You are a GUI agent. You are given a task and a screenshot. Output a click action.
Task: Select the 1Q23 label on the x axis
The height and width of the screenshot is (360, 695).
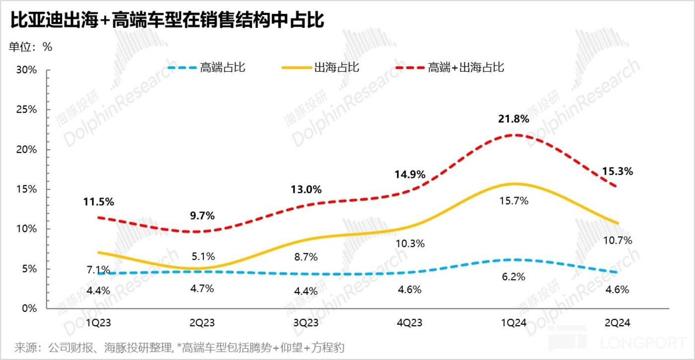(98, 323)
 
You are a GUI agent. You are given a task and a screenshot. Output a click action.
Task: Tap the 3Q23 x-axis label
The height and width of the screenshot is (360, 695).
(306, 323)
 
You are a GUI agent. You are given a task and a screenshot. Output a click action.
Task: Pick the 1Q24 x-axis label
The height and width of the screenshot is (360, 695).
(513, 323)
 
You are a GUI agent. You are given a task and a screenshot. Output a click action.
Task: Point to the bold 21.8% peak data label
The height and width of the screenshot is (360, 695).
(513, 119)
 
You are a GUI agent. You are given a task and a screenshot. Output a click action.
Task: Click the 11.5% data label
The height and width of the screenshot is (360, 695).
(98, 202)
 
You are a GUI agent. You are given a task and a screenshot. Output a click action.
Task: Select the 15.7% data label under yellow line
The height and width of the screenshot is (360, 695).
(513, 201)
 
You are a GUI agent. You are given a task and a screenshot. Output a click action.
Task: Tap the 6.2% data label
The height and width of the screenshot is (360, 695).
(513, 277)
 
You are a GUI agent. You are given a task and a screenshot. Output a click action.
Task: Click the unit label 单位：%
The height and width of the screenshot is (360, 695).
(30, 47)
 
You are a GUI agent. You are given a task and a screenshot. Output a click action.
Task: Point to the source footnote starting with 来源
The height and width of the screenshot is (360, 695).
(179, 347)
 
